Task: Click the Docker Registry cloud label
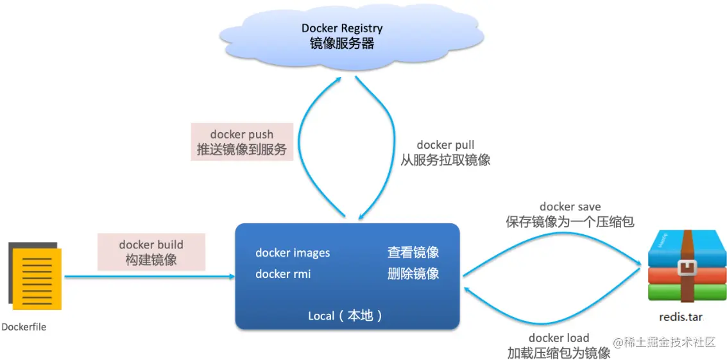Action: click(x=342, y=28)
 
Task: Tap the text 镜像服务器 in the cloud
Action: click(x=342, y=44)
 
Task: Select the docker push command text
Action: click(x=242, y=135)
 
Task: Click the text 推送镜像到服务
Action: click(x=242, y=151)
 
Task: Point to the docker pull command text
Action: click(x=445, y=145)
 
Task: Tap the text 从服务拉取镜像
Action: click(x=445, y=160)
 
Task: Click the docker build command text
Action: click(x=151, y=244)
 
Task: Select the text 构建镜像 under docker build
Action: click(x=151, y=260)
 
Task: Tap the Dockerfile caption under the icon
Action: click(x=24, y=327)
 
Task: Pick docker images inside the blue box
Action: click(x=293, y=253)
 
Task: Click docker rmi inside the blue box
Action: click(x=283, y=274)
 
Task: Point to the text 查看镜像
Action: click(x=413, y=253)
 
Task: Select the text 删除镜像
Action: click(x=413, y=274)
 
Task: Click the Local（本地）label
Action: click(x=346, y=316)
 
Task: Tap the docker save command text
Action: click(x=570, y=207)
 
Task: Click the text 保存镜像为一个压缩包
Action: click(x=570, y=222)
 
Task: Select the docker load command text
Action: click(x=558, y=338)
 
